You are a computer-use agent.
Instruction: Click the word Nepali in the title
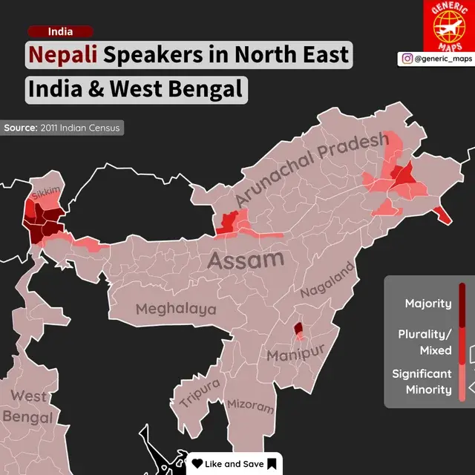[x=64, y=56]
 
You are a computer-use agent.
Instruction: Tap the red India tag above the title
[x=60, y=31]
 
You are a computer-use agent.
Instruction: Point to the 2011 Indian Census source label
[x=62, y=128]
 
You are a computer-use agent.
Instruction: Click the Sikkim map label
[x=45, y=192]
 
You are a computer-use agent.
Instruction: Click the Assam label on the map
[x=245, y=260]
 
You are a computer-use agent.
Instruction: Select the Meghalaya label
[x=176, y=309]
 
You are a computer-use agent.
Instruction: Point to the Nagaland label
[x=327, y=284]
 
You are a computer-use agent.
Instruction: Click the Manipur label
[x=296, y=353]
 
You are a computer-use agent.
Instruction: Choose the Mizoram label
[x=250, y=406]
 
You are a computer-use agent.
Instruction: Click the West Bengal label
[x=28, y=406]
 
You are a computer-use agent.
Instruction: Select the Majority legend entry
[x=427, y=303]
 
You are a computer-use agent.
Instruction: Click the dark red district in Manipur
[x=298, y=327]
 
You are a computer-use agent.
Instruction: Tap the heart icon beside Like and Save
[x=197, y=464]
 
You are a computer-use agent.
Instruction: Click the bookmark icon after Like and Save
[x=272, y=464]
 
